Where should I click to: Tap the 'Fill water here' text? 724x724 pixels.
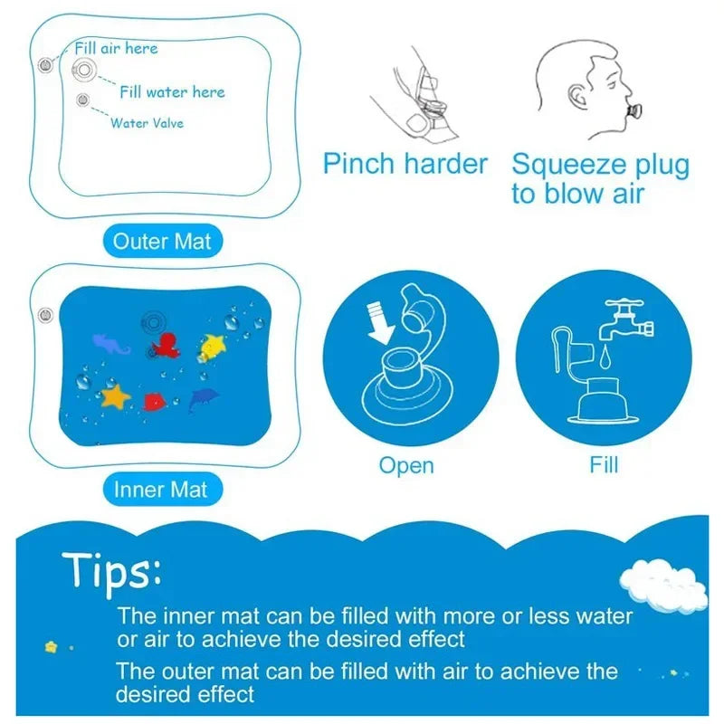(x=172, y=91)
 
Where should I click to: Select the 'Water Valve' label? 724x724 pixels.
(x=147, y=122)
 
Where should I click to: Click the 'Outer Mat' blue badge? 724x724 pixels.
(x=161, y=242)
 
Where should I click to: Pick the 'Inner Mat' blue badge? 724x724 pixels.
(x=160, y=490)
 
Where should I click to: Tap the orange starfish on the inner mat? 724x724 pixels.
(x=116, y=395)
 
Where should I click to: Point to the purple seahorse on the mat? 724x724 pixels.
(x=111, y=342)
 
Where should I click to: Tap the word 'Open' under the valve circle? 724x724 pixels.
(x=406, y=465)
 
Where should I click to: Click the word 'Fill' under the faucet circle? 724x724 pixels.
(x=604, y=465)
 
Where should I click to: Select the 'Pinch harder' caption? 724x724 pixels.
(x=405, y=165)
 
